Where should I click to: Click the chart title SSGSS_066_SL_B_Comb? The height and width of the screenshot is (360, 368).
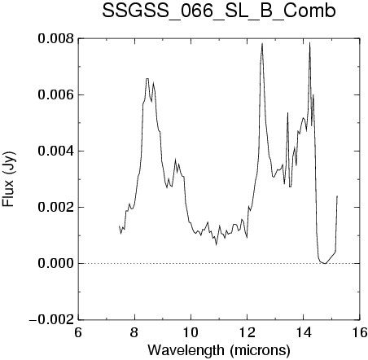click(x=219, y=11)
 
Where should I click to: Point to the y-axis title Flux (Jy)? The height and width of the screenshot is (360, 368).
click(x=9, y=179)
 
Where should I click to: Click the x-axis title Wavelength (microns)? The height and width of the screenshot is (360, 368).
click(x=219, y=350)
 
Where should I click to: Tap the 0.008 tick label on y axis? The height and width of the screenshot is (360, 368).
click(x=55, y=39)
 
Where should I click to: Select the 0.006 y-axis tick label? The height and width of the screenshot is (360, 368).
click(x=55, y=95)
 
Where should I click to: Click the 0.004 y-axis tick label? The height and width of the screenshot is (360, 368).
click(x=55, y=151)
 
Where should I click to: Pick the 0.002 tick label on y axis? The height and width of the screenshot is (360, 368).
click(x=55, y=207)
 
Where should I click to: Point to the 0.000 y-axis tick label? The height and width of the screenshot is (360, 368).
click(x=55, y=263)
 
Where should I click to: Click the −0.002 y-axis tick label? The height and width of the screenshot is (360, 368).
click(x=51, y=319)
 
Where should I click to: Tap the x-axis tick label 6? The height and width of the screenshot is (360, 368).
click(x=78, y=332)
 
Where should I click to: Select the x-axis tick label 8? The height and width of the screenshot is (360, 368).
click(x=134, y=332)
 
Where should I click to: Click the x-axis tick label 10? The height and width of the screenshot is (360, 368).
click(x=191, y=332)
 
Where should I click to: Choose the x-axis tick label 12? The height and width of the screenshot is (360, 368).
click(x=248, y=332)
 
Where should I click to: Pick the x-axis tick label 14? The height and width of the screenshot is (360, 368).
click(x=304, y=332)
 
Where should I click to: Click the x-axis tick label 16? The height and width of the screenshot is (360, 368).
click(x=360, y=332)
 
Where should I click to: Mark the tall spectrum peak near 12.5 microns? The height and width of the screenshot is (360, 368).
click(x=262, y=43)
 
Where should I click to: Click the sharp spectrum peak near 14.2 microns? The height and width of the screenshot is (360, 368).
click(x=309, y=42)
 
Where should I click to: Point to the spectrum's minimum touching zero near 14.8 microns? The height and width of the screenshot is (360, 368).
click(x=325, y=263)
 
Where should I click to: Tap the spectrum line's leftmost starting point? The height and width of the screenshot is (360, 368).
click(x=119, y=226)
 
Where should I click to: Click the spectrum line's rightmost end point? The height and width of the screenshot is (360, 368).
click(x=337, y=195)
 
